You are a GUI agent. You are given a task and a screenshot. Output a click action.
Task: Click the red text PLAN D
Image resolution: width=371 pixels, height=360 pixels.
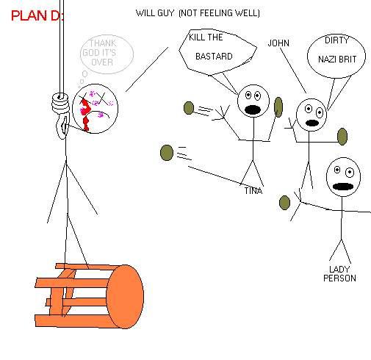(37, 15)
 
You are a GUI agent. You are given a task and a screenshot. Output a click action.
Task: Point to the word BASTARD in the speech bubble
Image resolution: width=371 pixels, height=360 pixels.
(214, 57)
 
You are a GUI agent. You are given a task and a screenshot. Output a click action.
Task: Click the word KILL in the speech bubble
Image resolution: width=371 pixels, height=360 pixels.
(195, 37)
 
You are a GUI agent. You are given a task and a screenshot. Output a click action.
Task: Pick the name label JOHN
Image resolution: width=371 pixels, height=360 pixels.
(278, 43)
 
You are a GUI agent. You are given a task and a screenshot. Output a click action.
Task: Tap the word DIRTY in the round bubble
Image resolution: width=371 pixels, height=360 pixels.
(336, 40)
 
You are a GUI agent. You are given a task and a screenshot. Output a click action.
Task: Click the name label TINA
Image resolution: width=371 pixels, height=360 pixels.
(253, 191)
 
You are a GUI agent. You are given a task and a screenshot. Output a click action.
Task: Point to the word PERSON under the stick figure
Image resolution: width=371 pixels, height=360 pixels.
(339, 278)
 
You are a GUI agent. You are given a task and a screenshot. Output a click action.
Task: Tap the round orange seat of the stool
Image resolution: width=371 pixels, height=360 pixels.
(125, 297)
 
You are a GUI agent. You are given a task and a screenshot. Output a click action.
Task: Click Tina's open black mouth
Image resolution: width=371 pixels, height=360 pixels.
(253, 110)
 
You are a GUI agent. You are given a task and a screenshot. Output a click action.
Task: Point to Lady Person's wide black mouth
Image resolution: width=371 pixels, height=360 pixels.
(343, 187)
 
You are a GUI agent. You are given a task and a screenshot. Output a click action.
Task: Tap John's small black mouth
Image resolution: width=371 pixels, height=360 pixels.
(311, 123)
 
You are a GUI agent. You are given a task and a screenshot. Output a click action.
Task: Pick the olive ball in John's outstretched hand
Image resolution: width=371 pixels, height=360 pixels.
(342, 137)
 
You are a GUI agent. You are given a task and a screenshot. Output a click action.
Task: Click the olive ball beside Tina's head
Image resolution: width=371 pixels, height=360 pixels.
(278, 107)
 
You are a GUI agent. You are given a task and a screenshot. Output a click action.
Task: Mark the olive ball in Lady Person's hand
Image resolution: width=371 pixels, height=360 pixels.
(284, 203)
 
